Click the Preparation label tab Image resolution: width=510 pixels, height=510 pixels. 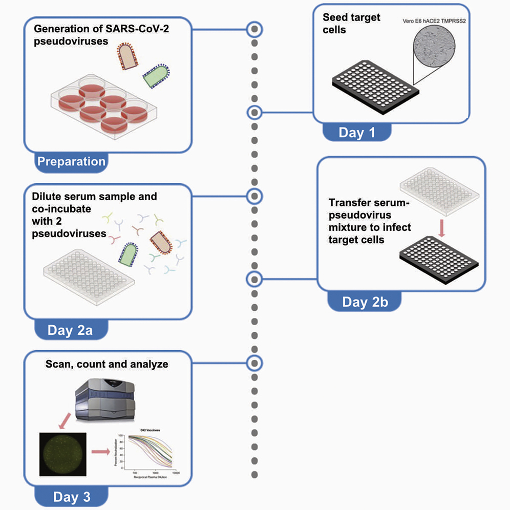[x=71, y=161]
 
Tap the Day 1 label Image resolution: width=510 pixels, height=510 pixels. [x=357, y=133]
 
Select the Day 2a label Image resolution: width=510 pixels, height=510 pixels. [x=71, y=330]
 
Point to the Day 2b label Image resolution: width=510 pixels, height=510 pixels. [x=365, y=302]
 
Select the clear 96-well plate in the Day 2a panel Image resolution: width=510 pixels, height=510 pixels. [x=89, y=271]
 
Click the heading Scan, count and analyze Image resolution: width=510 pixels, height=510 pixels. [x=107, y=365]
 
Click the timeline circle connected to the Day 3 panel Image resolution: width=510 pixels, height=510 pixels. [x=254, y=363]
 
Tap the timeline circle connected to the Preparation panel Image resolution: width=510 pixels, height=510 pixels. [x=254, y=29]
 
